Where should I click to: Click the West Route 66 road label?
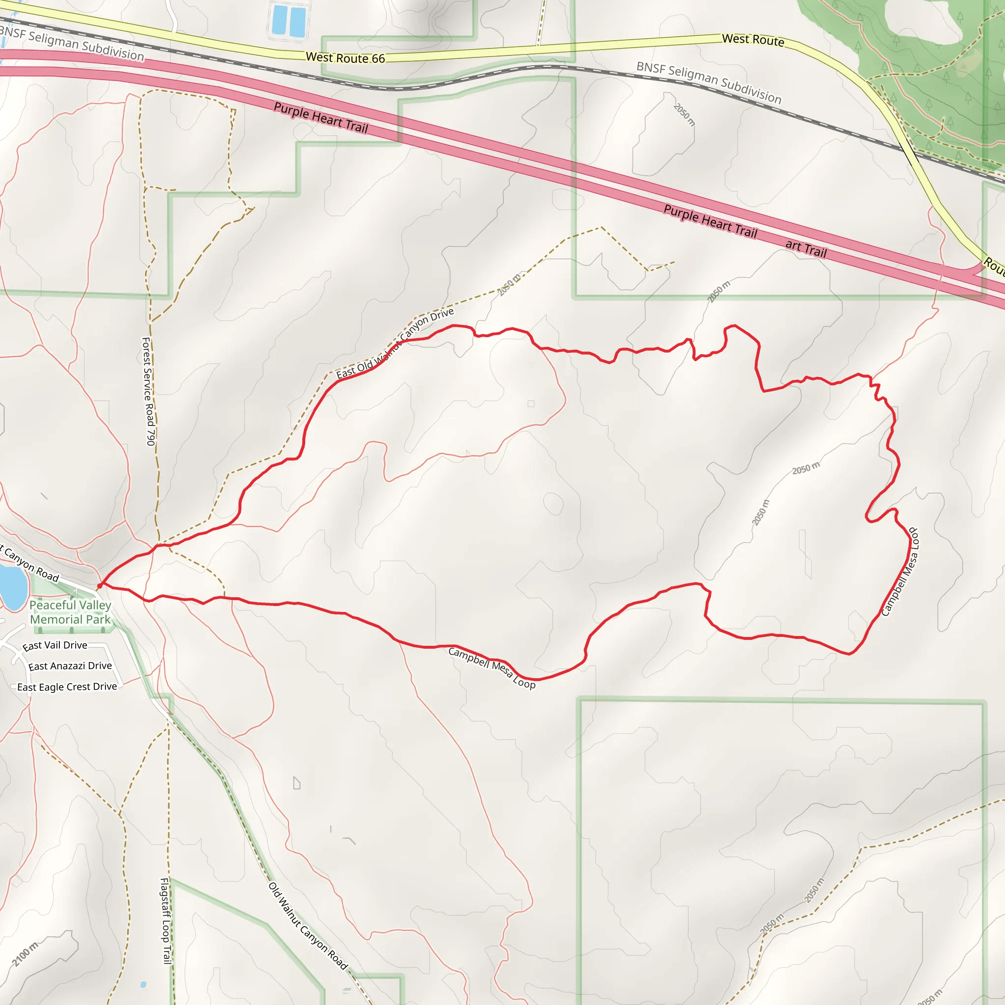pos(345,58)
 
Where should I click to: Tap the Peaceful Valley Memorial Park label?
pos(70,612)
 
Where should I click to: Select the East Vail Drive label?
pos(54,646)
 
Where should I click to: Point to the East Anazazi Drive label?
pos(70,666)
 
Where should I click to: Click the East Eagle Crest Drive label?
pos(67,687)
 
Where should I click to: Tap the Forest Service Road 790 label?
pos(149,391)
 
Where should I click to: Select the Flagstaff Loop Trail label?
pos(165,921)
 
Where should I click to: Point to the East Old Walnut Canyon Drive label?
pos(396,344)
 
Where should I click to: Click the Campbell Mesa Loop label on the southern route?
pos(492,668)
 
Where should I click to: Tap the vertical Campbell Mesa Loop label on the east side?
pos(900,572)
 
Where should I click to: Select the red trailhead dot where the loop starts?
pos(99,586)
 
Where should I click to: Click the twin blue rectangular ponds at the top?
pos(289,21)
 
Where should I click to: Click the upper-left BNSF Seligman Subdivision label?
pos(72,44)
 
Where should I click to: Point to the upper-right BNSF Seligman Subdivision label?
pos(709,82)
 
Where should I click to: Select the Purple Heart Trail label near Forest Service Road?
pos(321,118)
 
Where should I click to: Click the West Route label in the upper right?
pos(753,40)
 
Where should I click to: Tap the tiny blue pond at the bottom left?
pos(143,985)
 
